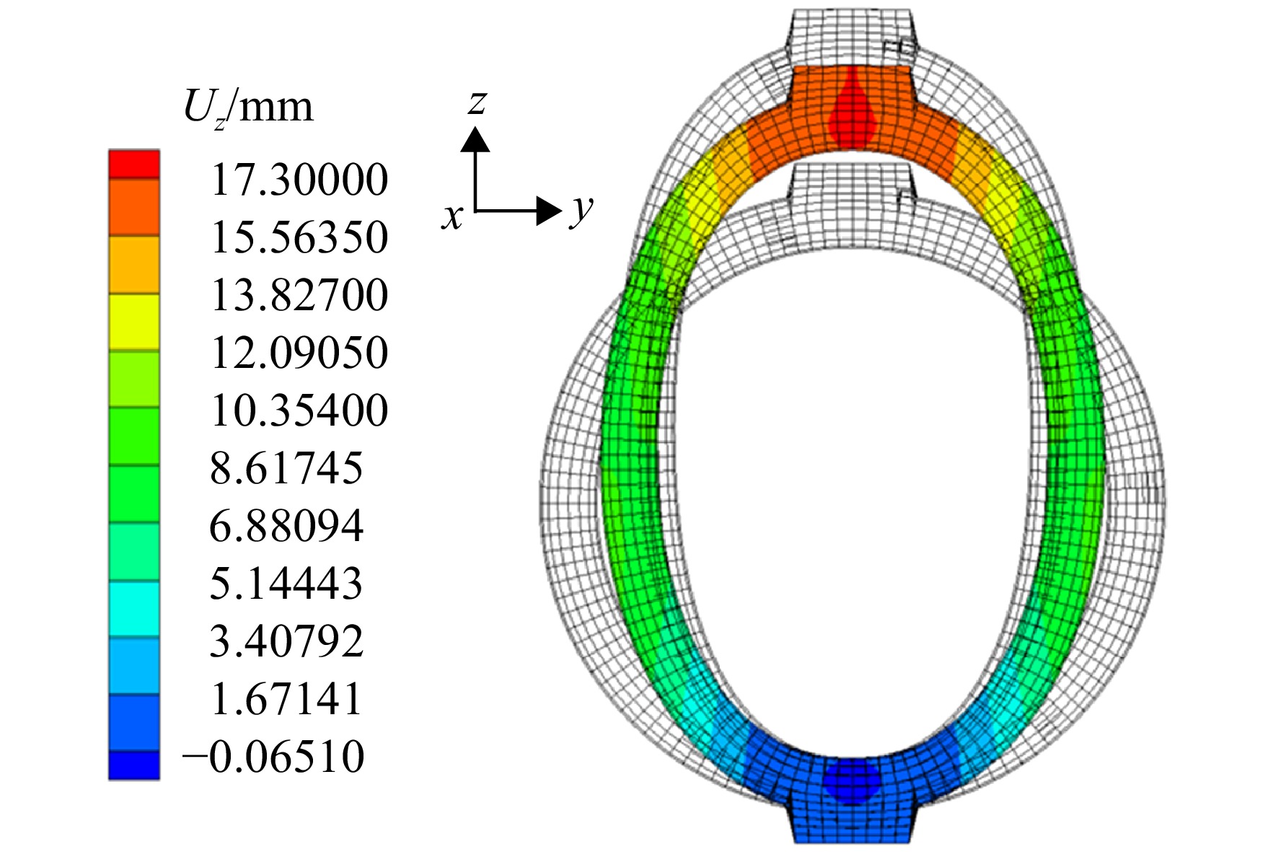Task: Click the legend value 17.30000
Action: coord(299,180)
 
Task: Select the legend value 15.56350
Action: coord(299,237)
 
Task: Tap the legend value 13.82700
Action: coord(299,295)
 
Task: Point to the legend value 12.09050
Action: coord(299,353)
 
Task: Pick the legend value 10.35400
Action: coord(299,410)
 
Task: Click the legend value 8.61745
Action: coord(287,468)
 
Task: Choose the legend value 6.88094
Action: coord(287,526)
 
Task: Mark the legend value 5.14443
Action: coord(287,584)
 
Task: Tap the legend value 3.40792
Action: coord(287,641)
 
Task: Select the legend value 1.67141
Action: coord(287,699)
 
